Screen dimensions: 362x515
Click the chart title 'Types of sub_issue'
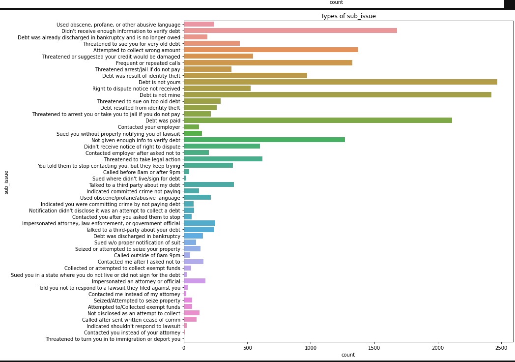point(348,16)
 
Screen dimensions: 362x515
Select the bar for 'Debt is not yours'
point(340,82)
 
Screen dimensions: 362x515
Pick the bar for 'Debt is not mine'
point(337,95)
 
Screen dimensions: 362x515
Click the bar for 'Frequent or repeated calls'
point(268,63)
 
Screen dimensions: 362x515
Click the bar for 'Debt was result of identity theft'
point(245,76)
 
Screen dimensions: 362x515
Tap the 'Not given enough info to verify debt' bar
point(264,140)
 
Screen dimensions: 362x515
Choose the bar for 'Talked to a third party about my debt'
point(209,184)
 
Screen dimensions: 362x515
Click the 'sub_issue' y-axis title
point(7,182)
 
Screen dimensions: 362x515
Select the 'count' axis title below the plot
point(348,355)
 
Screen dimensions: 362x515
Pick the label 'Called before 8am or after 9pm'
point(142,172)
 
